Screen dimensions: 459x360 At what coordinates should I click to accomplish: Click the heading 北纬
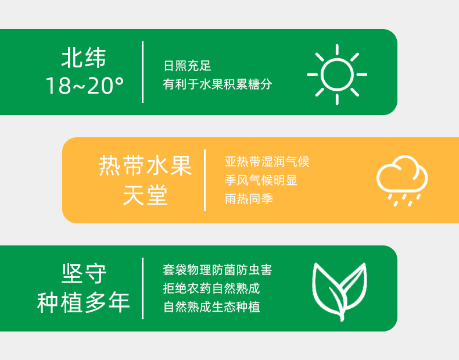coord(84,58)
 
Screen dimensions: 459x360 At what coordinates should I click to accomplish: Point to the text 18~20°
coord(85,86)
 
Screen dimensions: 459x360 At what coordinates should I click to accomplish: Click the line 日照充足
coord(187,66)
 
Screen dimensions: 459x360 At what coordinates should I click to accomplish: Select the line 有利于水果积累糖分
coord(217,84)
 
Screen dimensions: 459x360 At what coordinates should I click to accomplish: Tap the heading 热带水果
coord(145,166)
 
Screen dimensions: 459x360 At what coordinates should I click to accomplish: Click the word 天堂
coord(145,195)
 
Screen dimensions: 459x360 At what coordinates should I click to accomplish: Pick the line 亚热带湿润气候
coord(267,162)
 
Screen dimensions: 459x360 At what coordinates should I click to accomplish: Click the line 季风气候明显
coord(261,180)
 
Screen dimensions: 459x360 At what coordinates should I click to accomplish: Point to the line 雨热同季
coord(249,199)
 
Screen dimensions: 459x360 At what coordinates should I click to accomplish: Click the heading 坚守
coord(84,273)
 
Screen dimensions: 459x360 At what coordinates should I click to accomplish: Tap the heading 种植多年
coord(84,302)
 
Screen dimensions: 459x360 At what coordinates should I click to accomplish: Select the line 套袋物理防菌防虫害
coord(217,270)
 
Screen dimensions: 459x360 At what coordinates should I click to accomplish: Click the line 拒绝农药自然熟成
coord(211,288)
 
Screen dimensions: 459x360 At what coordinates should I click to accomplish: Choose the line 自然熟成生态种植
coord(211,307)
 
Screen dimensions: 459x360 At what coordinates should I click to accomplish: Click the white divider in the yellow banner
coord(205,180)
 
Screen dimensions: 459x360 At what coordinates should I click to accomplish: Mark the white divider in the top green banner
coord(142,72)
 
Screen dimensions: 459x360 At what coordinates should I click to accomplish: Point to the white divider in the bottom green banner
coord(142,288)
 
